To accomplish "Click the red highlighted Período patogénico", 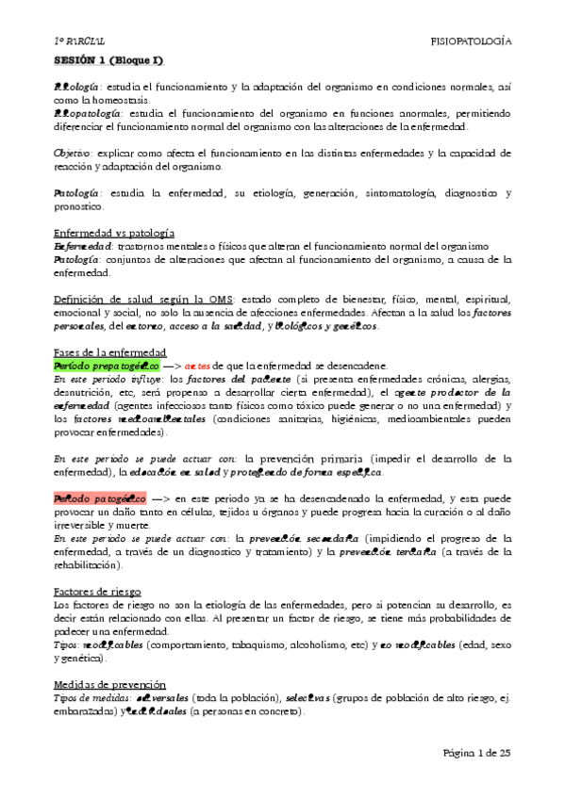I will point(99,497).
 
